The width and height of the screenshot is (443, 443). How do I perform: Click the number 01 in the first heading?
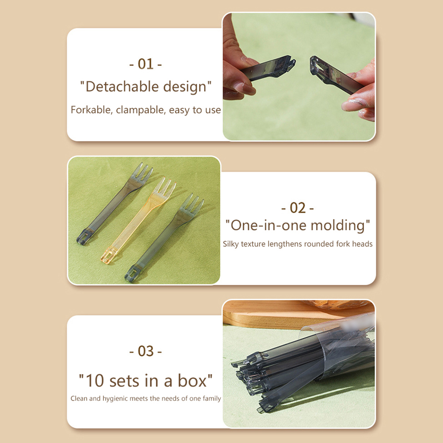(x=145, y=64)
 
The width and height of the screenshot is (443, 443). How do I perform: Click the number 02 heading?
(x=298, y=208)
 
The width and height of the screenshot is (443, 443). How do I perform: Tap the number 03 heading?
(x=145, y=351)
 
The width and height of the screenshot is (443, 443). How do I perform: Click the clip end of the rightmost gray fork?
(x=132, y=274)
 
